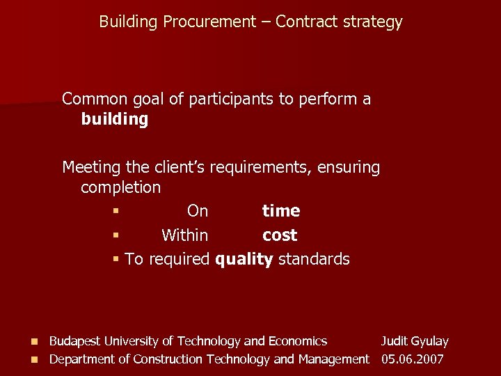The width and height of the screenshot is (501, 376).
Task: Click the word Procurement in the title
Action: click(x=209, y=22)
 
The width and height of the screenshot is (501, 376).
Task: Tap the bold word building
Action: click(x=115, y=120)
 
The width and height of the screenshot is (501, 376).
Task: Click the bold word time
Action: click(x=281, y=211)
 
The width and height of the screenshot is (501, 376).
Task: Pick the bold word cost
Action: click(x=280, y=235)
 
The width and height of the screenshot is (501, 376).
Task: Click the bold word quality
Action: click(x=244, y=260)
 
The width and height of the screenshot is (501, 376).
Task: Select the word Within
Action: click(x=184, y=235)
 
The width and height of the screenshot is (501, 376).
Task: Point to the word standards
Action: click(x=314, y=260)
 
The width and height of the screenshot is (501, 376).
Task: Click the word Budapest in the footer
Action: click(x=75, y=341)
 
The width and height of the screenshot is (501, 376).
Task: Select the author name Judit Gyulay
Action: click(x=414, y=341)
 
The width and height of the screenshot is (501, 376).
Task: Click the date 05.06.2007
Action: click(x=413, y=359)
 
